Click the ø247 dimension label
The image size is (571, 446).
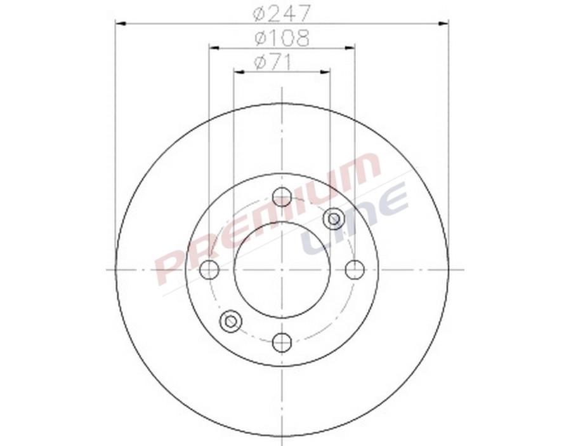(x=281, y=13)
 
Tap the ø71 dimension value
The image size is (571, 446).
(x=272, y=62)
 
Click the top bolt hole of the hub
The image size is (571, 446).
(x=282, y=197)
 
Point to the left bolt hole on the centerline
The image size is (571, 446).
(x=209, y=270)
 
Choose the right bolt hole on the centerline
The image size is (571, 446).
(x=355, y=270)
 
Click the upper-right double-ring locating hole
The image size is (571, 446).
(x=333, y=219)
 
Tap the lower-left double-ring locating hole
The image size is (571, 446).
(x=231, y=321)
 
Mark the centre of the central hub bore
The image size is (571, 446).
(x=282, y=270)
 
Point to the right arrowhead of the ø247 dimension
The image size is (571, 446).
(x=444, y=24)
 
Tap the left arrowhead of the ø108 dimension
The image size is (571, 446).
(x=213, y=47)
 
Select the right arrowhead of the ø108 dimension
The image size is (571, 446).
(x=350, y=47)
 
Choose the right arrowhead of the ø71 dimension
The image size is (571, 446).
(x=326, y=72)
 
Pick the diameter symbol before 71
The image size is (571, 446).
(x=259, y=62)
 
